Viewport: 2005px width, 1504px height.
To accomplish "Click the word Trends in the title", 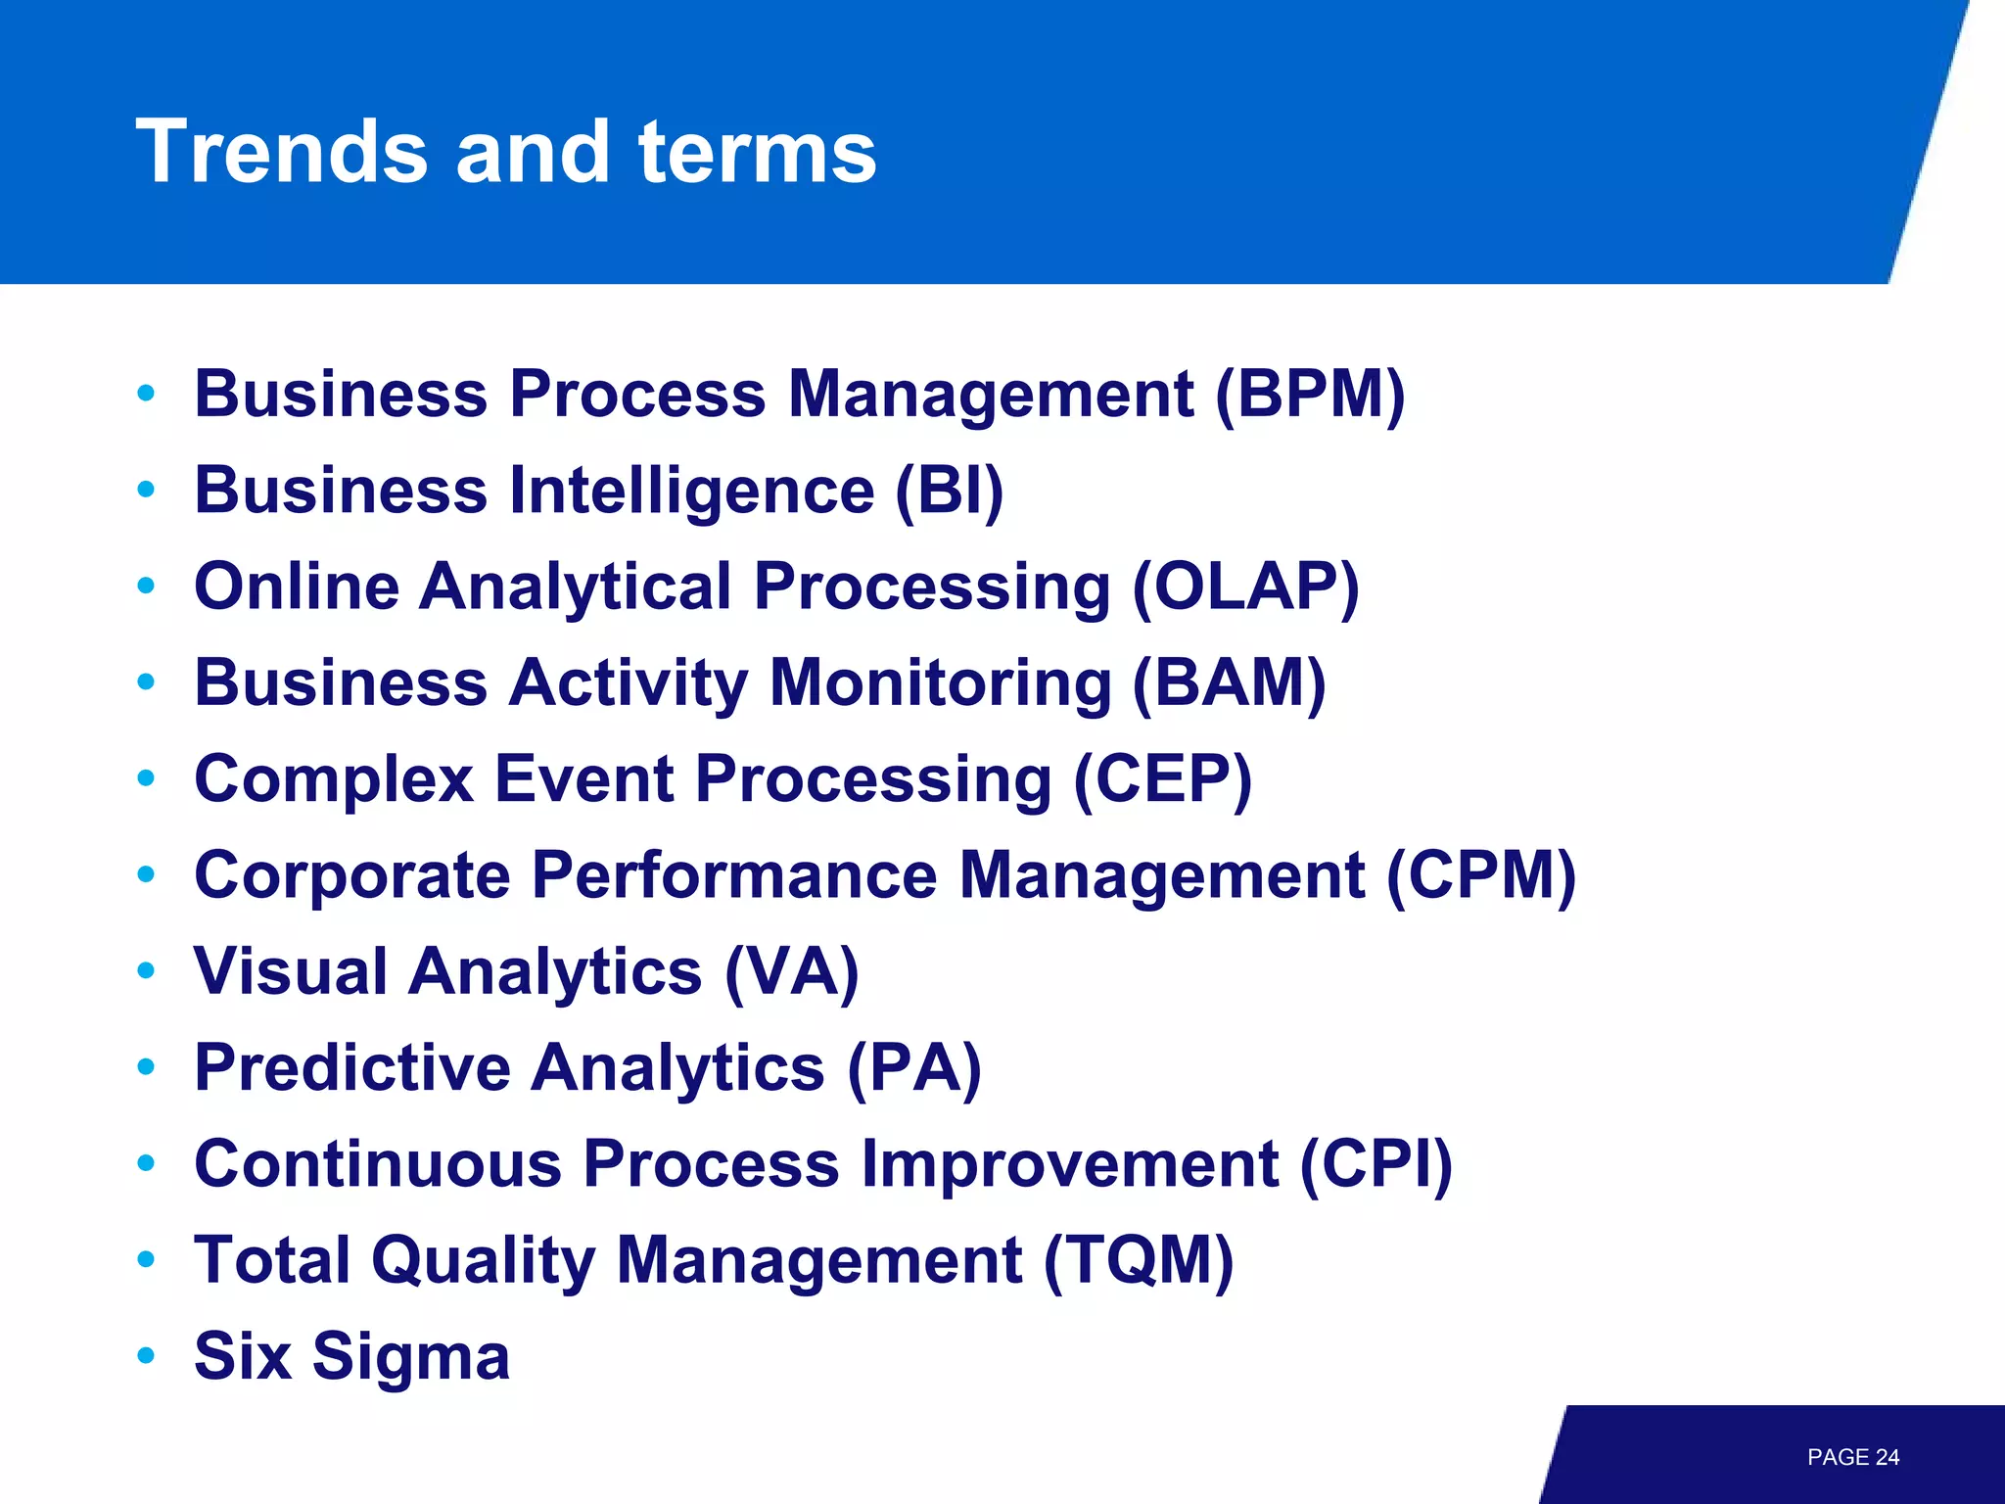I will [x=282, y=152].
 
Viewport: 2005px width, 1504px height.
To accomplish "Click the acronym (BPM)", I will [x=1310, y=394].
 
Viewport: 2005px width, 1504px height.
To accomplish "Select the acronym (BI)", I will [x=949, y=490].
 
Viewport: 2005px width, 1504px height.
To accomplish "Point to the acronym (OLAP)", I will [x=1245, y=587].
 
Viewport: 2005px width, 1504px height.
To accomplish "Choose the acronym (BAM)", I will [x=1229, y=682].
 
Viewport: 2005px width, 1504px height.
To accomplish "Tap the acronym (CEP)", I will [x=1162, y=779].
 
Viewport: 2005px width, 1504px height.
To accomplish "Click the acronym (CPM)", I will [x=1480, y=874].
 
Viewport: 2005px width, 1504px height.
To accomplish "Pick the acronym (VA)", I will [x=791, y=971].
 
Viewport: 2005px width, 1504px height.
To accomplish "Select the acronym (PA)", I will [x=913, y=1067].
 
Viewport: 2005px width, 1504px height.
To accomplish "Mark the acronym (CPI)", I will [x=1376, y=1164].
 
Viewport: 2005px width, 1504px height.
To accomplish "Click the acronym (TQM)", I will [x=1138, y=1260].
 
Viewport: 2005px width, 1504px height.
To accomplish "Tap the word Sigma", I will [x=410, y=1357].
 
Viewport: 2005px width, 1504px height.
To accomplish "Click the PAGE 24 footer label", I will [x=1852, y=1457].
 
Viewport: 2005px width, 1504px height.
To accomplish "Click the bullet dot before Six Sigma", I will [x=147, y=1355].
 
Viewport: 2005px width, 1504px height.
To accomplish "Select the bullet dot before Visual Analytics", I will [x=147, y=970].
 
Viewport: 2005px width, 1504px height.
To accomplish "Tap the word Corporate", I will [x=351, y=874].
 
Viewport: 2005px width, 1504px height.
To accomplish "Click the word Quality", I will [x=483, y=1260].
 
